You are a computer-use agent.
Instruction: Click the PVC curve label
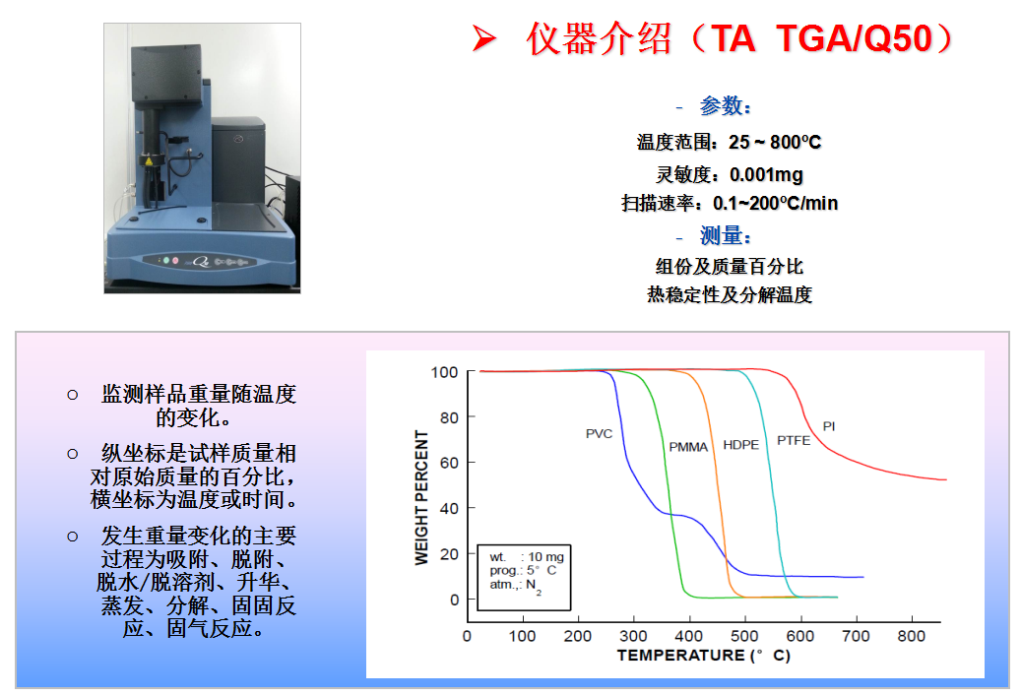tap(599, 433)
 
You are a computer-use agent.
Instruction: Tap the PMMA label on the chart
tap(687, 447)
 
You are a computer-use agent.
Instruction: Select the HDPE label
tap(741, 445)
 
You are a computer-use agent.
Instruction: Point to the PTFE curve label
tap(794, 441)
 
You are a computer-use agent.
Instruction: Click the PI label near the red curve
tap(828, 426)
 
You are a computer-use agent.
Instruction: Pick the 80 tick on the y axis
tap(449, 417)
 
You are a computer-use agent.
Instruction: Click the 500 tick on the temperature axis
tap(744, 636)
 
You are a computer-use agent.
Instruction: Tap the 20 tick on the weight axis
tap(449, 554)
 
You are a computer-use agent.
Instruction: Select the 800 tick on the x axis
tap(911, 636)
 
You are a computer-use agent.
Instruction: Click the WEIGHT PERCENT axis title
tap(422, 497)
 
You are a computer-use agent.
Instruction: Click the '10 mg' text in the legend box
tap(545, 556)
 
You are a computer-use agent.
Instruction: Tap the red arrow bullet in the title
tap(484, 38)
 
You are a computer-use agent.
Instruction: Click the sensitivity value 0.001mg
tap(766, 174)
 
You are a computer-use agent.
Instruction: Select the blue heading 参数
tap(724, 105)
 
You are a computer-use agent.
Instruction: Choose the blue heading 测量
tap(724, 235)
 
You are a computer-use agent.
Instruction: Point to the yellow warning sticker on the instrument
tap(149, 160)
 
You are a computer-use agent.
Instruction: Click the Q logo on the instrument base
tap(201, 261)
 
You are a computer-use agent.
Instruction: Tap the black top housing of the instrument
tap(166, 72)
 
